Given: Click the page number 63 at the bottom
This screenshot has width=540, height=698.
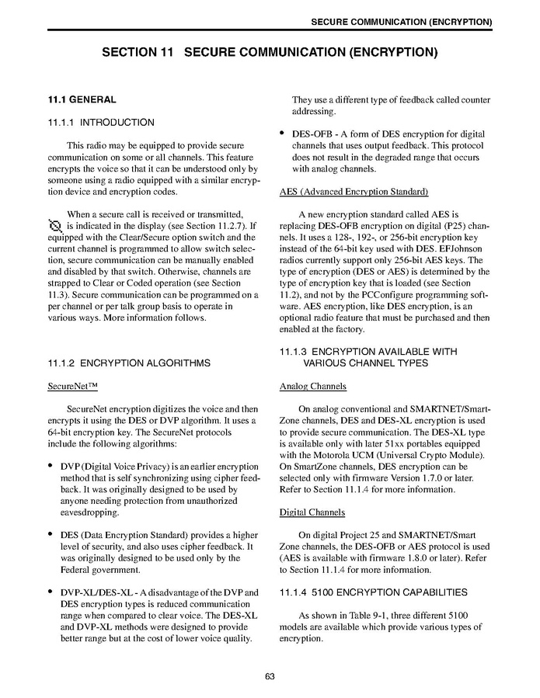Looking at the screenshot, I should pos(270,676).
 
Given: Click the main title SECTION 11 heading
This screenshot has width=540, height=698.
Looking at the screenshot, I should pos(270,53).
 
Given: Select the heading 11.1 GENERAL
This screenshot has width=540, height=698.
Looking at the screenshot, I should pos(82,99).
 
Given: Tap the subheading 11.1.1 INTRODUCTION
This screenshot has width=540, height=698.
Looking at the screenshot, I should pos(101,122).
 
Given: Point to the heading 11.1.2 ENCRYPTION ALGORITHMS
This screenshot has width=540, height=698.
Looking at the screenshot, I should pos(129,362).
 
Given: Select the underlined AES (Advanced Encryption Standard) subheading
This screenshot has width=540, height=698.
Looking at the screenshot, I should pos(354,191).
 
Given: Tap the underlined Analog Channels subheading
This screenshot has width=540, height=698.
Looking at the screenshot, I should pos(312,386).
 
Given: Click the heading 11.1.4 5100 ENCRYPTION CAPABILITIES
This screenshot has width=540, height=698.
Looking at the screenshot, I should pos(373,592).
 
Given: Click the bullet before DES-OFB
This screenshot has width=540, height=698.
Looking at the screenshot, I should pos(283,135).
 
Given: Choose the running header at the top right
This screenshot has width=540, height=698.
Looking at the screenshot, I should pos(401,21).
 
